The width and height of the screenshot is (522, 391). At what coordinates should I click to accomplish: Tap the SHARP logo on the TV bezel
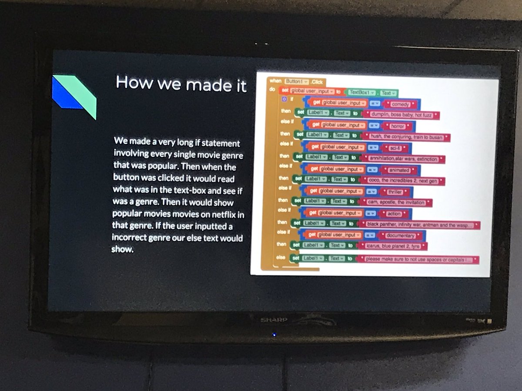(274, 320)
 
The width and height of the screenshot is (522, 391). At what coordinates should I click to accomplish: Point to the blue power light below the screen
(274, 335)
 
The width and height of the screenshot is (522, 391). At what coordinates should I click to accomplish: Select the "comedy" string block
(401, 104)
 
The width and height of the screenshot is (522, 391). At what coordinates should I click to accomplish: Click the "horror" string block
(398, 126)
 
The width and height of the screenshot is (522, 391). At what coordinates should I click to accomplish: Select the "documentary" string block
(402, 235)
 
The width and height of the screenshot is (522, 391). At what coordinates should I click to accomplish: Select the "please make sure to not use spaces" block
(418, 260)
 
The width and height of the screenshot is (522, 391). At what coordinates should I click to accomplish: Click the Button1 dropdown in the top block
(296, 81)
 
